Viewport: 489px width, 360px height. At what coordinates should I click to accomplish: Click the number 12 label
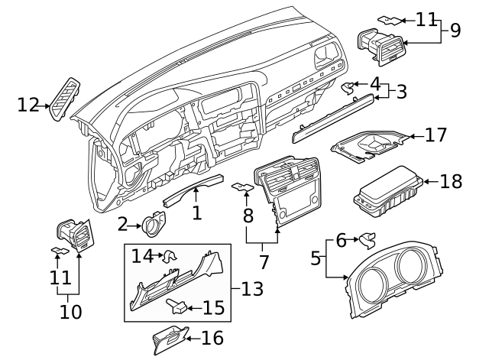[x=28, y=105]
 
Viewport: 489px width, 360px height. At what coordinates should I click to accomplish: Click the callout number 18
[x=451, y=182]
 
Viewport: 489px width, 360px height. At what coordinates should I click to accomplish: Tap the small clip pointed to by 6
[x=368, y=241]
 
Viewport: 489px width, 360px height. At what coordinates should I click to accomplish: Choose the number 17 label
[x=436, y=136]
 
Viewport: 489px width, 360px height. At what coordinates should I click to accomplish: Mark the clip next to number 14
[x=170, y=255]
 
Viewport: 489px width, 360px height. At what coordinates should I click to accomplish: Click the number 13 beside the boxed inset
[x=251, y=290]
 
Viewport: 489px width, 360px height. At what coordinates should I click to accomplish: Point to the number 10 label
[x=70, y=312]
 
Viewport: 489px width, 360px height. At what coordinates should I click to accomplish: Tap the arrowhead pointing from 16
[x=189, y=337]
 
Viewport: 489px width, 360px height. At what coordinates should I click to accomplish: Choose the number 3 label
[x=400, y=92]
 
